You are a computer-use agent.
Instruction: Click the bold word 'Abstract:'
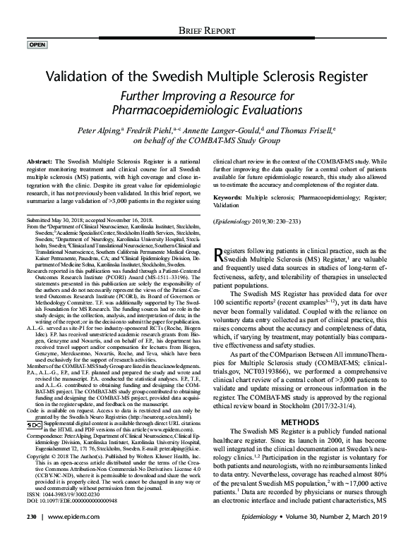pyautogui.click(x=42, y=161)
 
